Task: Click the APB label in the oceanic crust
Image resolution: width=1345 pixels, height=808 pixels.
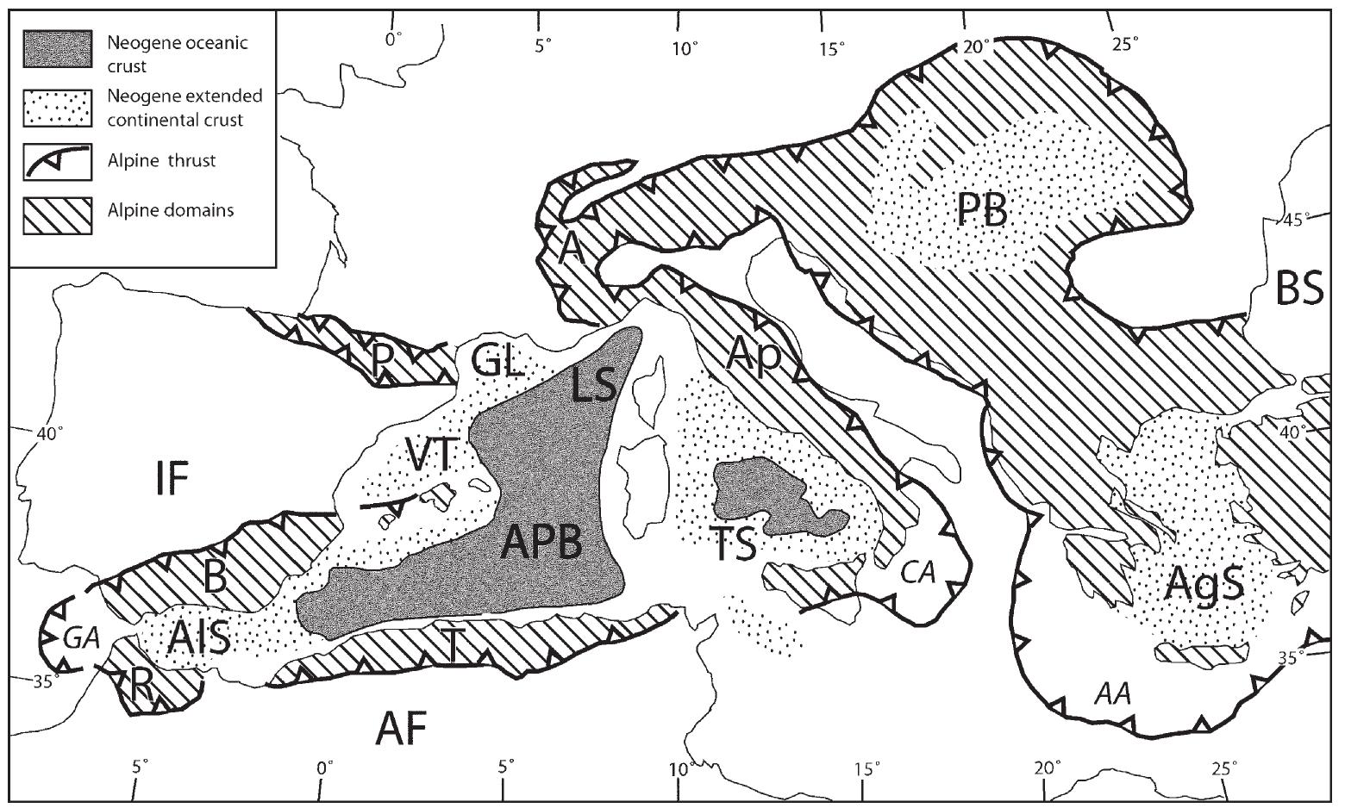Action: tap(541, 544)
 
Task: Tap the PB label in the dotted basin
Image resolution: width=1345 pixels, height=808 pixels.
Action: tap(982, 209)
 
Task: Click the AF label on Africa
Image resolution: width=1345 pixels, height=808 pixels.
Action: tap(402, 730)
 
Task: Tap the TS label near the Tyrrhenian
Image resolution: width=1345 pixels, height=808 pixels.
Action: tap(735, 544)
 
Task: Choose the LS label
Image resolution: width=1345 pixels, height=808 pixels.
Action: tap(594, 387)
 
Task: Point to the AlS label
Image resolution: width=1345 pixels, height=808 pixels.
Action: tap(200, 639)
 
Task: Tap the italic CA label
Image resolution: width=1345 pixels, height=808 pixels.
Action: tap(919, 574)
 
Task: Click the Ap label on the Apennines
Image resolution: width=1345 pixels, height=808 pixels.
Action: tap(752, 351)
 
